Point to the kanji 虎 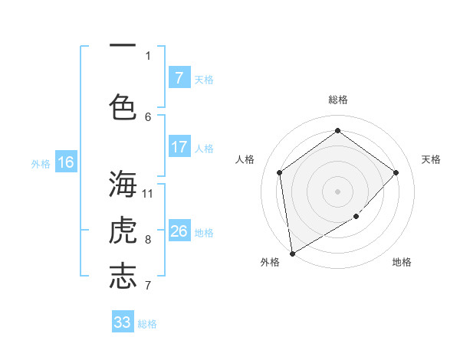click(x=123, y=230)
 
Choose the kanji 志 click(x=123, y=276)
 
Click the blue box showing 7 click(x=179, y=78)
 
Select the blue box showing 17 click(x=179, y=147)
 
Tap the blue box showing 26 click(x=179, y=231)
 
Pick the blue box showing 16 click(x=66, y=162)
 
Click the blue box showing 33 click(x=123, y=322)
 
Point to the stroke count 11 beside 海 click(x=148, y=192)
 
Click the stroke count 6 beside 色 click(x=148, y=116)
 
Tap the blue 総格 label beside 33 click(x=147, y=324)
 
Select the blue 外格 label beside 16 click(x=41, y=163)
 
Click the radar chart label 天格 click(x=432, y=159)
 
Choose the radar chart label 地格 click(x=402, y=262)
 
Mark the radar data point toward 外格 click(x=292, y=253)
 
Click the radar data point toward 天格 click(x=396, y=172)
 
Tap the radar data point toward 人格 click(x=280, y=172)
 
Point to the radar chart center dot click(x=337, y=191)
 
